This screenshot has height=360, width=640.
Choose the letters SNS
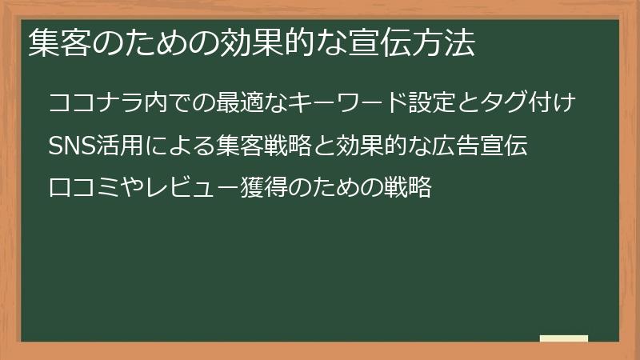pyautogui.click(x=74, y=146)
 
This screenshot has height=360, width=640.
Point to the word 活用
pyautogui.click(x=126, y=146)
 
